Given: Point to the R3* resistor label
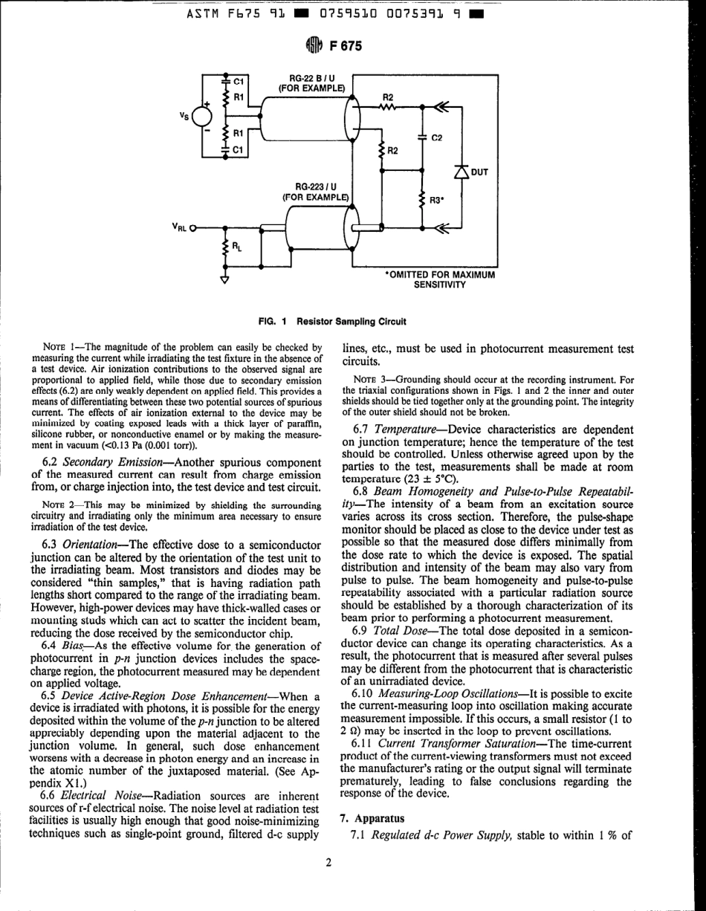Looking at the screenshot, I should click(438, 200).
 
